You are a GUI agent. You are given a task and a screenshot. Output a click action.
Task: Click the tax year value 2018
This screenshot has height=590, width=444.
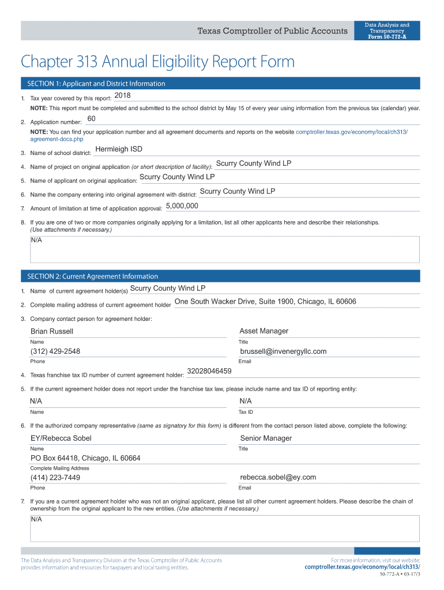click(x=123, y=95)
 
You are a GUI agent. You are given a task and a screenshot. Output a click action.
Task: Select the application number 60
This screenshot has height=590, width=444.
click(x=91, y=119)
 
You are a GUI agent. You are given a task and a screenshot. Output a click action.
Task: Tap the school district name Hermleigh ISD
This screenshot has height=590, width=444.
click(x=118, y=149)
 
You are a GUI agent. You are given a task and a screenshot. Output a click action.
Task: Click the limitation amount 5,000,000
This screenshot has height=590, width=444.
click(x=182, y=206)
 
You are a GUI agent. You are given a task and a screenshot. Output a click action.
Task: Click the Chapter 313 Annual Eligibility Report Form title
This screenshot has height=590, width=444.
click(x=157, y=62)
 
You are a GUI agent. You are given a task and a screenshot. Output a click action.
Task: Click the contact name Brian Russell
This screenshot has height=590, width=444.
click(x=52, y=331)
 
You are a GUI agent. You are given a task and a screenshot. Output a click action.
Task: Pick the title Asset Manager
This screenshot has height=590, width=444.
click(x=264, y=331)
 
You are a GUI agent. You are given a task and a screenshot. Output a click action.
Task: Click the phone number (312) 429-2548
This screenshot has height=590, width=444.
click(x=55, y=351)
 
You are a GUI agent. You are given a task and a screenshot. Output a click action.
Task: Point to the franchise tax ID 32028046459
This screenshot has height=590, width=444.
click(x=209, y=371)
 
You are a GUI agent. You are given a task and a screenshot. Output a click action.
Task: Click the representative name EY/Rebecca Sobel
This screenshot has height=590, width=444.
click(x=61, y=438)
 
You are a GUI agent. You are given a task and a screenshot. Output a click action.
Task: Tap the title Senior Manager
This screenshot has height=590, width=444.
click(x=266, y=438)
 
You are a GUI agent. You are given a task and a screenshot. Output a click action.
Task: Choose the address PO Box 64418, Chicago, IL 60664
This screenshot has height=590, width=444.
click(x=85, y=458)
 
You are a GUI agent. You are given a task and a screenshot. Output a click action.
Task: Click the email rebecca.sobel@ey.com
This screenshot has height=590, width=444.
click(x=278, y=477)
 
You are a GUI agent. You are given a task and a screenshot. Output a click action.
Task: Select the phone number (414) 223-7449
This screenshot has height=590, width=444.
click(x=55, y=478)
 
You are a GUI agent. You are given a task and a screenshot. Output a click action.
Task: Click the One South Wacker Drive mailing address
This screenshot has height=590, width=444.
click(x=265, y=302)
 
